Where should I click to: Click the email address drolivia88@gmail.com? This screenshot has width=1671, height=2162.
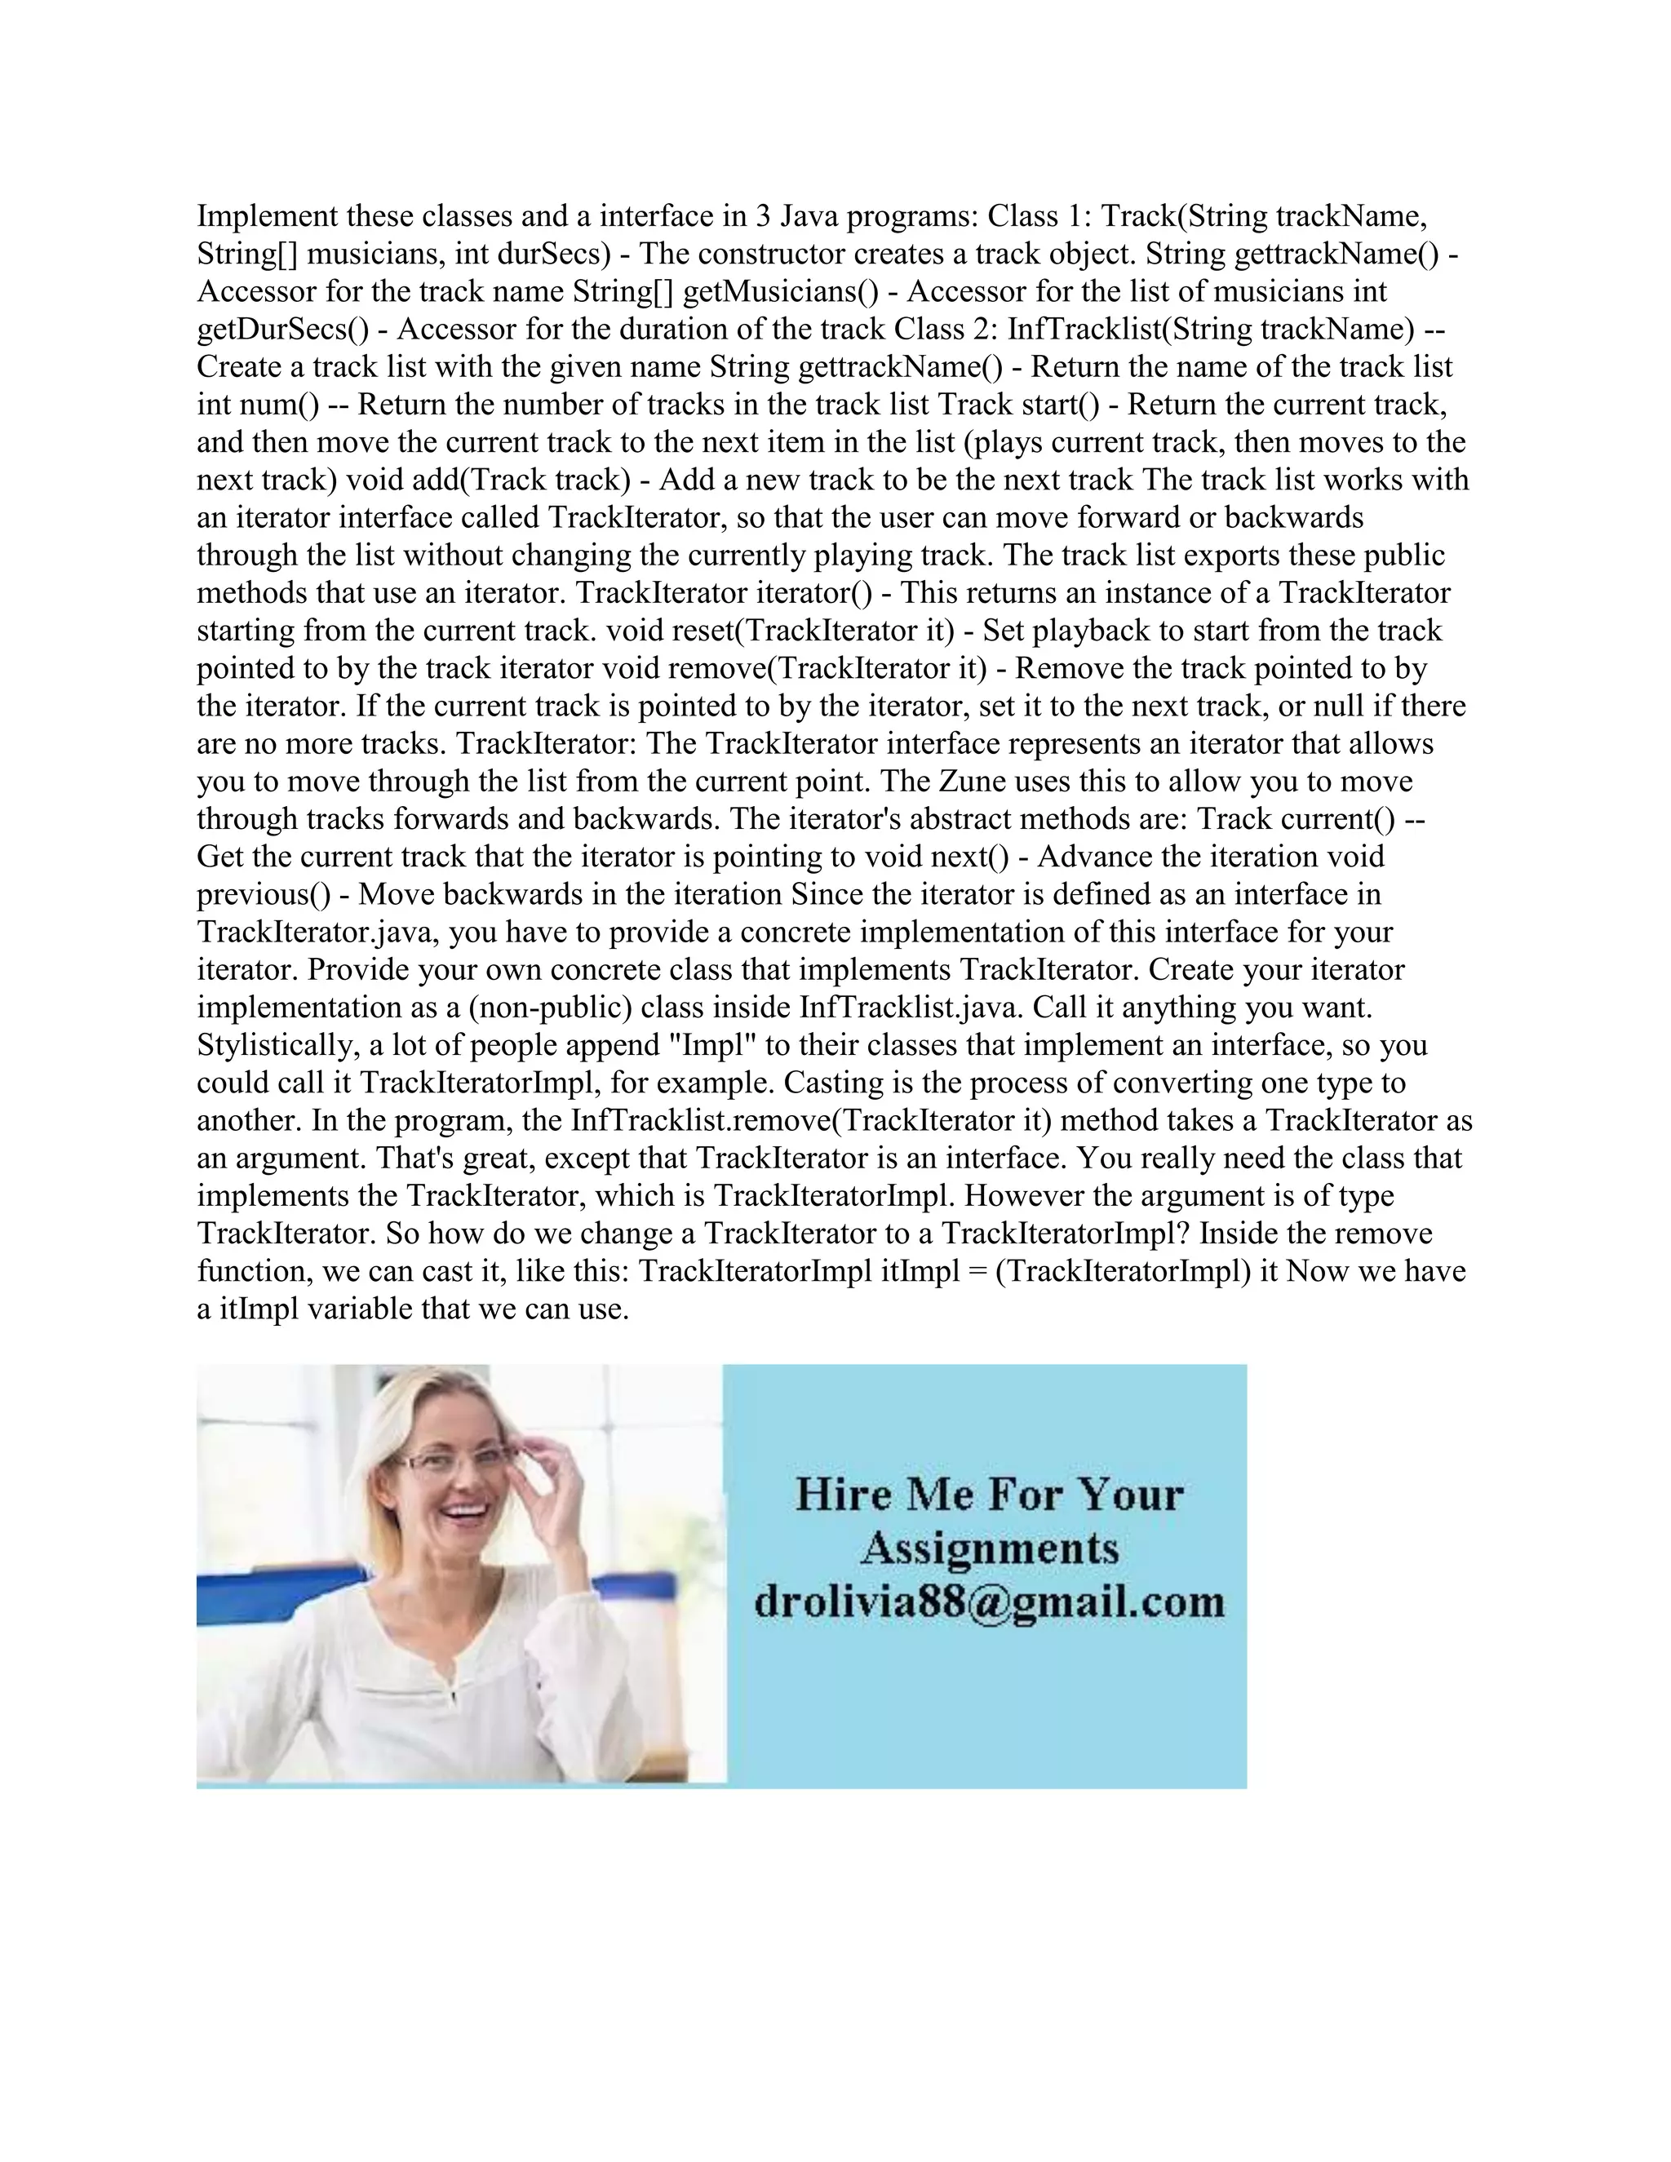989,1602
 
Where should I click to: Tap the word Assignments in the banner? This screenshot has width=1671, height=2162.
989,1547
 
